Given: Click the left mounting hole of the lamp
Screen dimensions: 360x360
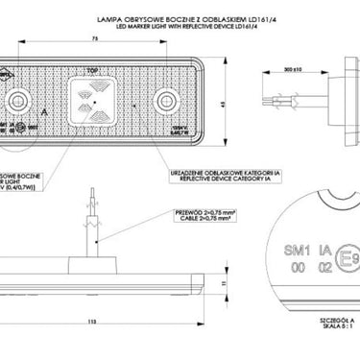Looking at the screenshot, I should tap(21, 101).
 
